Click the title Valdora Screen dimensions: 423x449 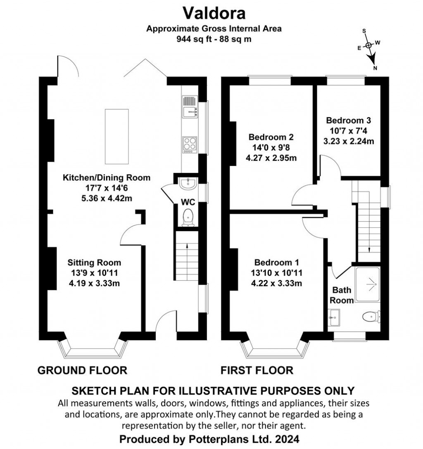214,13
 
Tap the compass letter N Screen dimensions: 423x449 375,68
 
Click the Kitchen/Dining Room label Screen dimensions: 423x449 107,177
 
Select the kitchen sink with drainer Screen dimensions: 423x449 190,106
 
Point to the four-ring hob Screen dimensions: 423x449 190,145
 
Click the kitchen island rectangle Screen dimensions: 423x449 116,136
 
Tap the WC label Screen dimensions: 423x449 188,202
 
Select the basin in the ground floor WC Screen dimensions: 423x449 188,183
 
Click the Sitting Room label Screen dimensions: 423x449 94,262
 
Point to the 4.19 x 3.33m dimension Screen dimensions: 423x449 94,284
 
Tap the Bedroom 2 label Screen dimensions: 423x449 271,137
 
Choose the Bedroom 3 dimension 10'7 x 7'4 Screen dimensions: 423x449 349,131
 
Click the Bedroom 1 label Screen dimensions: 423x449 276,262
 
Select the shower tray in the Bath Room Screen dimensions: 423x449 368,284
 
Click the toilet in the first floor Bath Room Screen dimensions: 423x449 371,317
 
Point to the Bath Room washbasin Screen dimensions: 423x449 334,317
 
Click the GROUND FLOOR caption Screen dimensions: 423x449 82,370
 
